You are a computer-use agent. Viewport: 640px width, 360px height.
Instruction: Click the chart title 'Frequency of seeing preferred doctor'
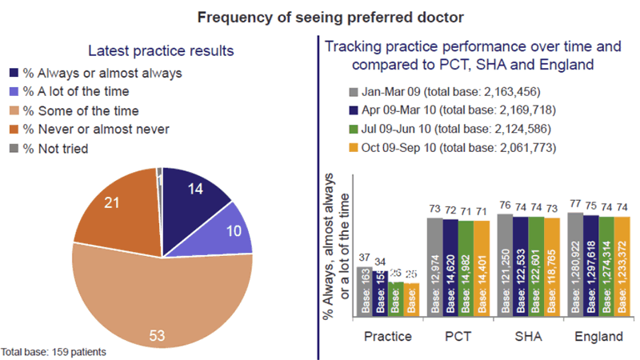[x=319, y=16]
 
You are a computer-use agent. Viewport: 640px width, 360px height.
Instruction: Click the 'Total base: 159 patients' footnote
[x=53, y=351]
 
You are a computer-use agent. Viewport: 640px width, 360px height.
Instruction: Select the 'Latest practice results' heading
[x=160, y=50]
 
